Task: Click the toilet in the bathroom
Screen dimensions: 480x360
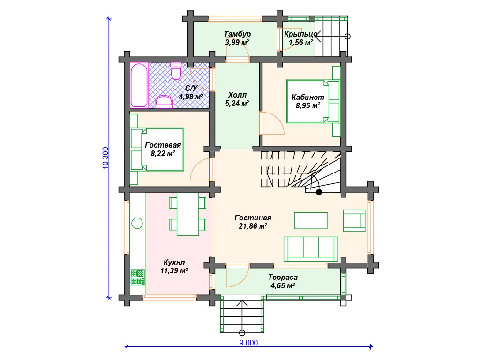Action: click(x=176, y=71)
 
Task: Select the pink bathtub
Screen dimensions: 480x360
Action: click(x=139, y=85)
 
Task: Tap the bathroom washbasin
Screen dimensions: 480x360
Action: click(x=164, y=102)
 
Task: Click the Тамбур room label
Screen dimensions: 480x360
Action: click(x=237, y=34)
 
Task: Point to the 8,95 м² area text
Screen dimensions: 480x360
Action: click(x=307, y=105)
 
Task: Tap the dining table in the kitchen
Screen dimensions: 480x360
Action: click(x=187, y=214)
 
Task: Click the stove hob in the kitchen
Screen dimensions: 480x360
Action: click(x=137, y=277)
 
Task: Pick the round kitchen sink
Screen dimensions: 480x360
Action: click(x=137, y=223)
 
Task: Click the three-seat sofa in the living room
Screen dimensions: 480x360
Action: click(x=311, y=249)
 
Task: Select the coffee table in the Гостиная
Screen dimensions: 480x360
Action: click(x=311, y=221)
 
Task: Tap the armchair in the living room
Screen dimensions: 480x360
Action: click(x=354, y=220)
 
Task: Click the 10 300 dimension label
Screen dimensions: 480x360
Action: click(x=105, y=158)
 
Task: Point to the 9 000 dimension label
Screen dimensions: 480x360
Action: click(x=248, y=343)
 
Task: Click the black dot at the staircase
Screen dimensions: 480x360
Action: click(x=319, y=192)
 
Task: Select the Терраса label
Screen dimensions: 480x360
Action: click(x=283, y=277)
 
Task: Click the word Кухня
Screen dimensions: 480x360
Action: click(x=174, y=262)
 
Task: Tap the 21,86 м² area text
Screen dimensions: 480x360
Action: click(x=253, y=226)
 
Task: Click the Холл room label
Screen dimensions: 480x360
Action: click(x=237, y=95)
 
